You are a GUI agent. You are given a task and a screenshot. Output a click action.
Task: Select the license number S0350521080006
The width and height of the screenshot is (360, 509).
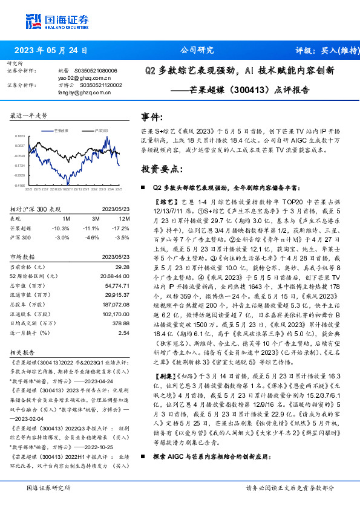[x=95, y=71]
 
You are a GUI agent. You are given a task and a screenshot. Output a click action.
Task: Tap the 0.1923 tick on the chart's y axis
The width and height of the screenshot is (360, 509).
[x=20, y=137]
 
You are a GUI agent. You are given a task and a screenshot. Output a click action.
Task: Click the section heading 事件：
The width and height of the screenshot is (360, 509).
[x=152, y=116]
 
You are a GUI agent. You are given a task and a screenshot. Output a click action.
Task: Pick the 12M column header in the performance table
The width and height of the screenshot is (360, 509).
[x=124, y=218]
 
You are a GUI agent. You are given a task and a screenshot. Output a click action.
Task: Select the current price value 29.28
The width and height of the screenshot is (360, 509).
[x=123, y=267]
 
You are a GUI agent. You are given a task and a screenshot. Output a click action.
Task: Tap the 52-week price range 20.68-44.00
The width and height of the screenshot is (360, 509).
[x=114, y=276]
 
